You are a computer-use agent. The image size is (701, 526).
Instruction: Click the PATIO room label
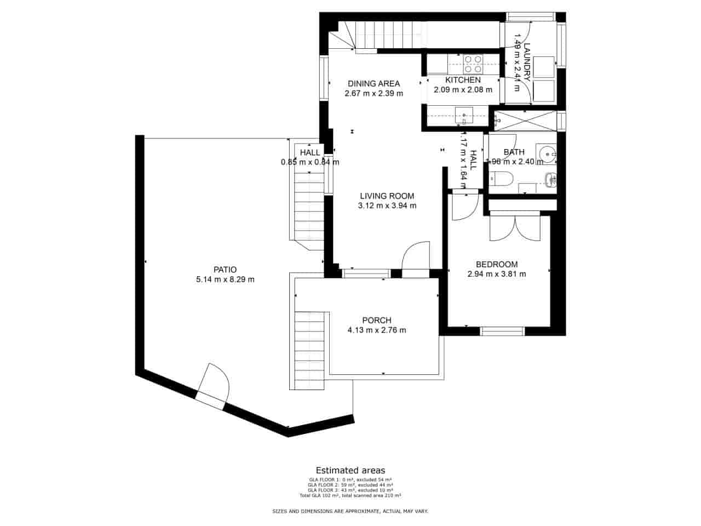225,269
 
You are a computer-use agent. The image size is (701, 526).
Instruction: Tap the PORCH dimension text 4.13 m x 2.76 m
377,330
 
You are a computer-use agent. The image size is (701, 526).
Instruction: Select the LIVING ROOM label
387,196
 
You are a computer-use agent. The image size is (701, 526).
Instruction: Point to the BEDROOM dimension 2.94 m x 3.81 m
497,274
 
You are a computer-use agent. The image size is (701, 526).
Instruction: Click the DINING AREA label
374,84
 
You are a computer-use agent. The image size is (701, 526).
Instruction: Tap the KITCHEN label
463,80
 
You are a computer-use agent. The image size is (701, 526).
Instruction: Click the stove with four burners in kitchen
473,65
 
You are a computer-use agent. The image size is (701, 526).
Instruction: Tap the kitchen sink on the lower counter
464,115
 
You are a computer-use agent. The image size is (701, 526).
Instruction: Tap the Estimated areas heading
350,470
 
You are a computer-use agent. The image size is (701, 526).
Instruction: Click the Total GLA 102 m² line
350,495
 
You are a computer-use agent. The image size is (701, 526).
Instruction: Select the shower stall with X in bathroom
525,120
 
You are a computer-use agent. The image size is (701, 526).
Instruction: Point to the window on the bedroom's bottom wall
502,331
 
